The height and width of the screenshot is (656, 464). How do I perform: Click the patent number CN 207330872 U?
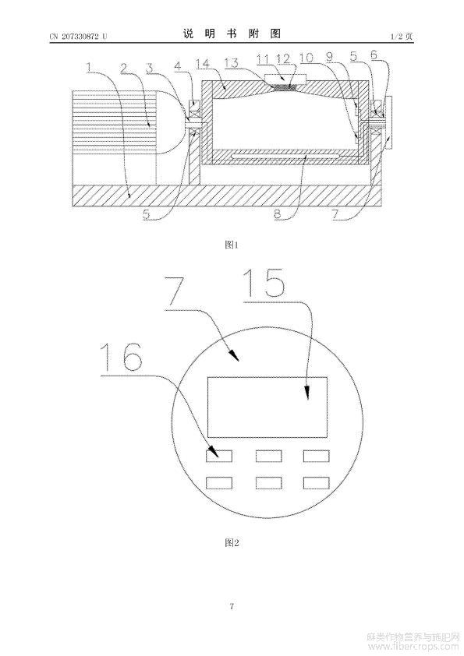tap(78, 37)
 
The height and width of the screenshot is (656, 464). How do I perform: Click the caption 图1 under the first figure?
tap(231, 245)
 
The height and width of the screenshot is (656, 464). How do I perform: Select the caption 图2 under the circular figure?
tap(232, 542)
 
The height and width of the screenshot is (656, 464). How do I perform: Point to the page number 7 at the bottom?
tap(232, 606)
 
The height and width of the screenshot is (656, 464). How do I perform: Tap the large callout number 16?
tap(122, 357)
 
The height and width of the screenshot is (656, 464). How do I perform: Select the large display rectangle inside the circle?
tap(267, 407)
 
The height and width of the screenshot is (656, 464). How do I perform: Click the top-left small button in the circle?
tap(219, 456)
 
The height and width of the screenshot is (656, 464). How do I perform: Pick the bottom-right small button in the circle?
tap(316, 483)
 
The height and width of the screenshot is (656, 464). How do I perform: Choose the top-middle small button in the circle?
tap(268, 456)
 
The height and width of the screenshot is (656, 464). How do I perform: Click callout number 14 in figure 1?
tap(202, 64)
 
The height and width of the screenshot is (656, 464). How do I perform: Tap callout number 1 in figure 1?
tap(88, 67)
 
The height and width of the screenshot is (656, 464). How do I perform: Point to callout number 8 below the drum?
tap(278, 213)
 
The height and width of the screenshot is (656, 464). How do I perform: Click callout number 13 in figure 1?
tap(231, 63)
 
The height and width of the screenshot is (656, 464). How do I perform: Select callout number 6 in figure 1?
tap(374, 55)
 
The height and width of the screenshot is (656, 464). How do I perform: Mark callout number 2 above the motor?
tap(123, 68)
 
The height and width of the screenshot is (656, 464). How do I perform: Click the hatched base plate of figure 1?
tap(225, 196)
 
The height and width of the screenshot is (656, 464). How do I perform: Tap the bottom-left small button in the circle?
tap(219, 483)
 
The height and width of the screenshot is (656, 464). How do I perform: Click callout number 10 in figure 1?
tap(306, 58)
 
